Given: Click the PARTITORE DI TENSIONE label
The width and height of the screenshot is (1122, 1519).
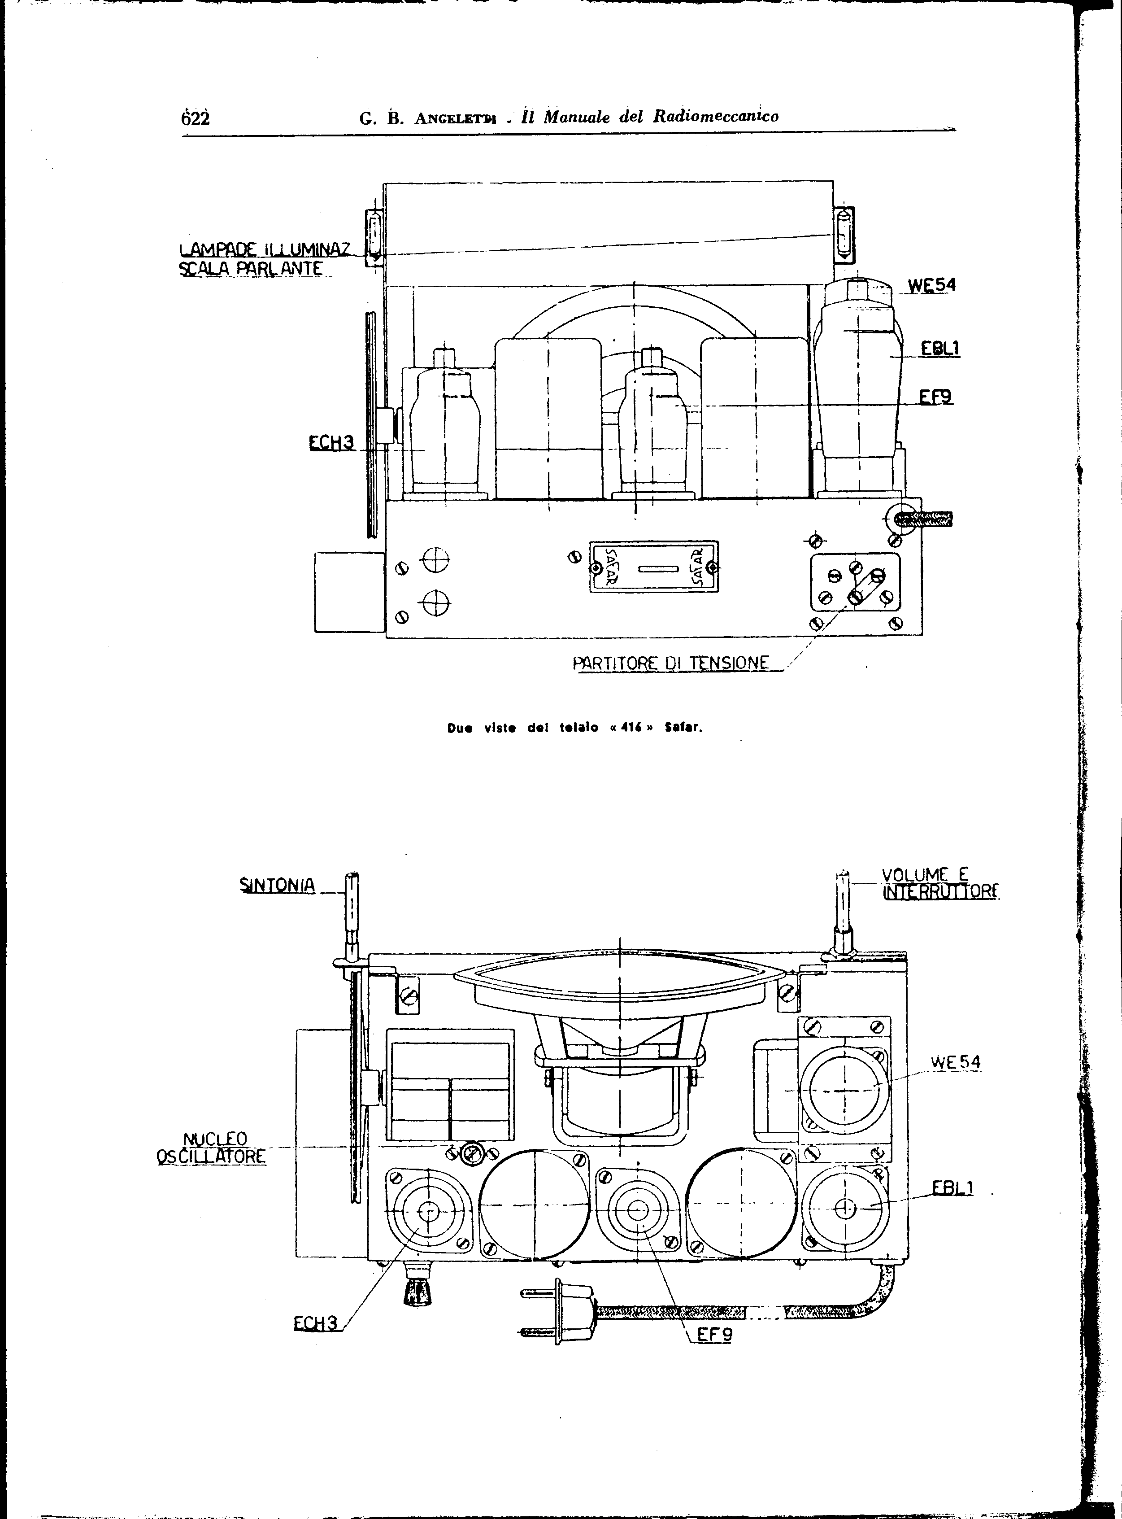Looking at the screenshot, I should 671,663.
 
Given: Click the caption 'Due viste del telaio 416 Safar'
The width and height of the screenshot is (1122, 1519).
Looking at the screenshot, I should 574,728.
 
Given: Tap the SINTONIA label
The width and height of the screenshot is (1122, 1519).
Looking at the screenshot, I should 278,885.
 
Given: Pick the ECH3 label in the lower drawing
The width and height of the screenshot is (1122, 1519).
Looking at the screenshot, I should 315,1323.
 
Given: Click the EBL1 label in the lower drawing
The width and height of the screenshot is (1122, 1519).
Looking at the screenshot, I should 953,1187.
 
